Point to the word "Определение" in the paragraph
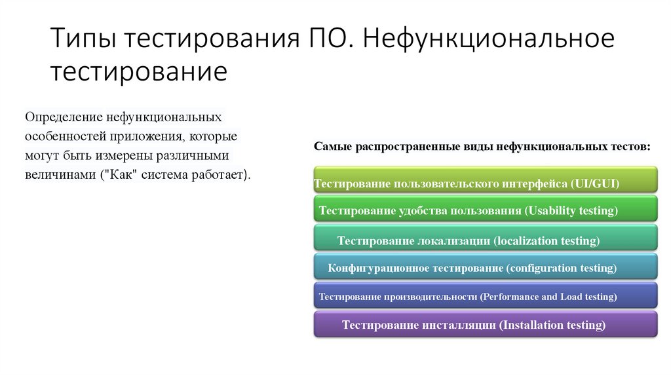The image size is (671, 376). (61, 118)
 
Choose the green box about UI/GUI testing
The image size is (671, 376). (485, 179)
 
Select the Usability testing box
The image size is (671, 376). (485, 209)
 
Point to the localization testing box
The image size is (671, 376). (485, 239)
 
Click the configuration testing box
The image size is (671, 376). (485, 268)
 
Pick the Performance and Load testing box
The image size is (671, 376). (485, 296)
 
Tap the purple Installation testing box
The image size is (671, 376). (485, 325)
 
